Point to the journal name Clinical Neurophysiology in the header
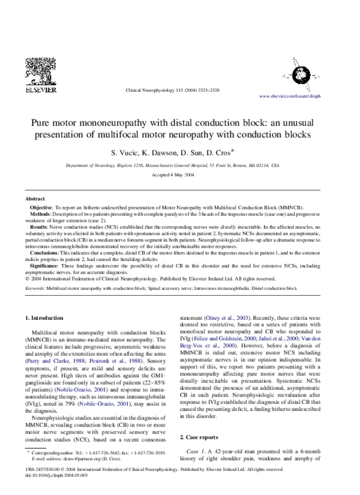click(x=148, y=89)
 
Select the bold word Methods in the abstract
click(x=40, y=214)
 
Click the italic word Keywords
click(x=34, y=289)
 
